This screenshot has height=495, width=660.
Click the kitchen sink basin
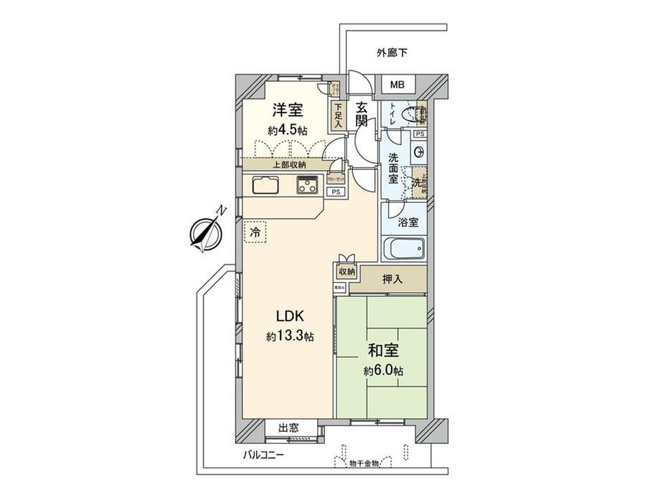tap(265, 186)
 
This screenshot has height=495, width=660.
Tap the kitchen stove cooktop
tap(308, 187)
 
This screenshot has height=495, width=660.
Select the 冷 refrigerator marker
tap(255, 231)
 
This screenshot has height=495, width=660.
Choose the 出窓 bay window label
tap(289, 428)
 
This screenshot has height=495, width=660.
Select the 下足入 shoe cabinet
tap(337, 115)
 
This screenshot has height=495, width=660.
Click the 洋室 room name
tap(286, 111)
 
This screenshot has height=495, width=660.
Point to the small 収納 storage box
tap(346, 272)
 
